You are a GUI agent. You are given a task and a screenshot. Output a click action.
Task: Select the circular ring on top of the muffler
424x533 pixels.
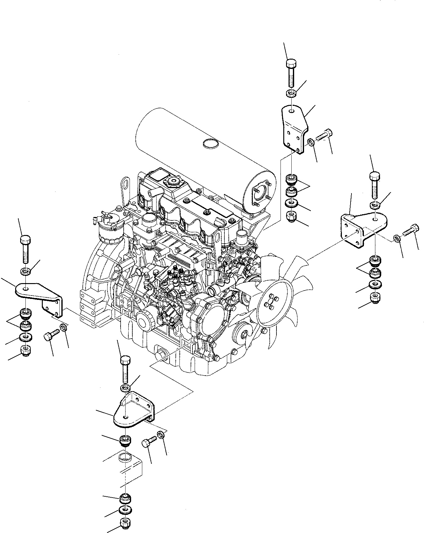[210, 143]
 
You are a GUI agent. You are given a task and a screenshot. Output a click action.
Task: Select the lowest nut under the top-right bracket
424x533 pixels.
[291, 216]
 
